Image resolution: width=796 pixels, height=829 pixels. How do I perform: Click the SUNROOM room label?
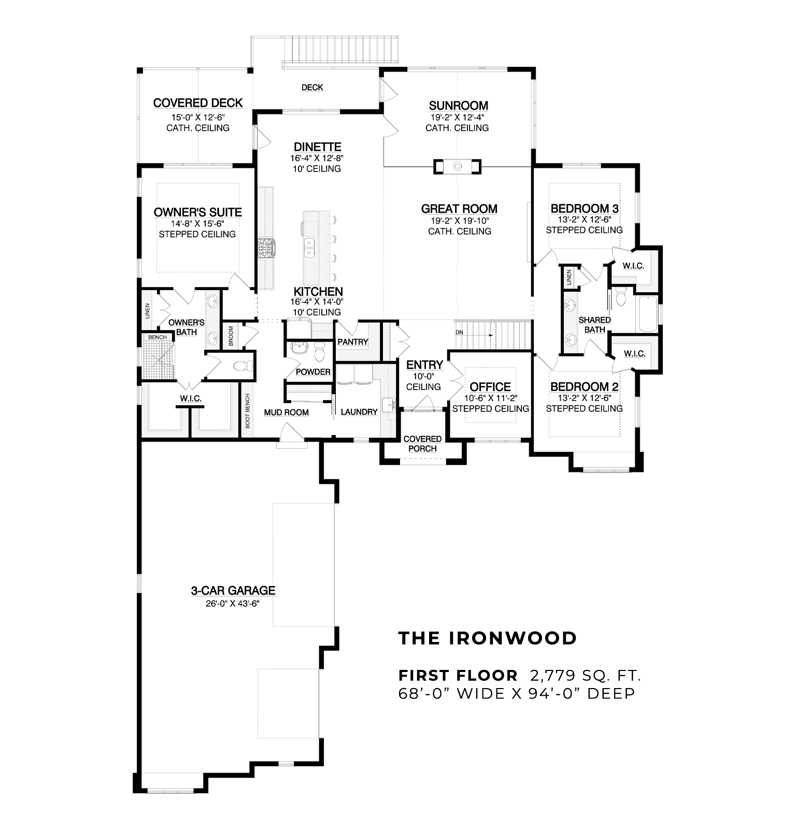click(458, 106)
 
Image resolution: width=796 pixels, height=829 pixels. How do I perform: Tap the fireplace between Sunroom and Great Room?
click(457, 166)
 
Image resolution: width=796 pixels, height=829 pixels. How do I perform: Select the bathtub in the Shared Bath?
click(648, 314)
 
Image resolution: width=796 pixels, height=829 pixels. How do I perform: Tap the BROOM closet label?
click(231, 336)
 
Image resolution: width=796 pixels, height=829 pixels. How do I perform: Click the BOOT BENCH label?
click(248, 411)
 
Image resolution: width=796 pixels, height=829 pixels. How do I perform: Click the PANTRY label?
click(353, 342)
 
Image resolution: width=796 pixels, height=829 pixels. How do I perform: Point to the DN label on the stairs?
click(459, 332)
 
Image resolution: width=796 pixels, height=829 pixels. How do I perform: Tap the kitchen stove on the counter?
click(266, 247)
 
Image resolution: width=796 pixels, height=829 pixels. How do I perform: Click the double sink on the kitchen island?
click(309, 248)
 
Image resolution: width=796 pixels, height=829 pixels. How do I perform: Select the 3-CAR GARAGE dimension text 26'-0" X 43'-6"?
click(233, 603)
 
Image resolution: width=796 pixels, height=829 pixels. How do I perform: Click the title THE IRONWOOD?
click(488, 638)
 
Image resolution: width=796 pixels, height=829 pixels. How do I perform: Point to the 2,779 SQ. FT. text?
click(586, 676)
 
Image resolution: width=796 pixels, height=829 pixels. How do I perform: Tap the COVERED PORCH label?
click(422, 444)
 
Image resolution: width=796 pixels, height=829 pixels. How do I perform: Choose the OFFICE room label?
click(490, 387)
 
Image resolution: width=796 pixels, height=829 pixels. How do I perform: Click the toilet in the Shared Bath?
click(621, 297)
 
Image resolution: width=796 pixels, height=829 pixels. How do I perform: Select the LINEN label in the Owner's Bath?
click(147, 311)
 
